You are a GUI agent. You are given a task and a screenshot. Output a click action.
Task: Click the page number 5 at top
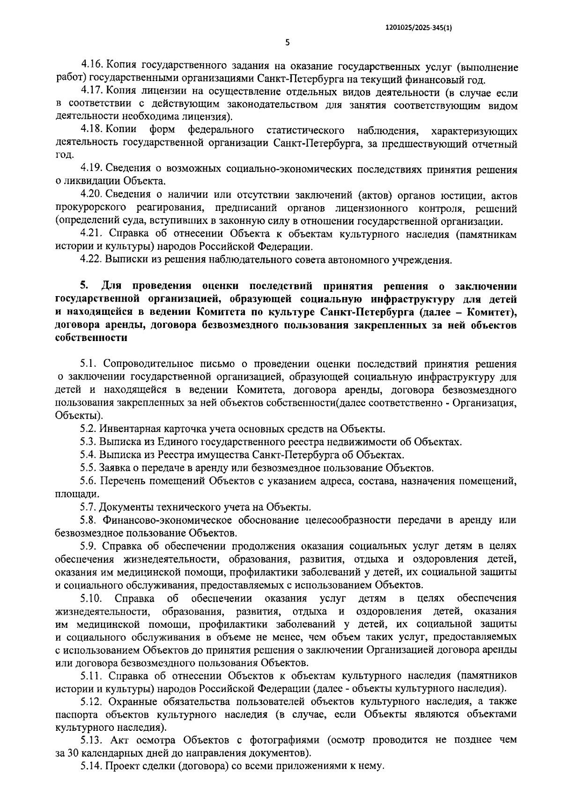(x=288, y=43)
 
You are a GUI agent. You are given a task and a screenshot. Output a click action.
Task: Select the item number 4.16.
(x=90, y=67)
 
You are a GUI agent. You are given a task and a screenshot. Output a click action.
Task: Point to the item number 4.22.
(x=90, y=259)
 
